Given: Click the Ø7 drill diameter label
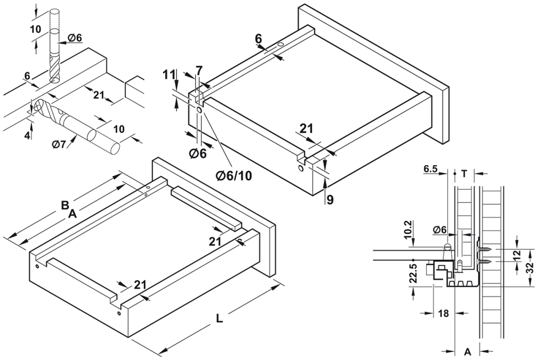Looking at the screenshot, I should tap(60, 144).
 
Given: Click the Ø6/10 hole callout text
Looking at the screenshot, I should tap(235, 175).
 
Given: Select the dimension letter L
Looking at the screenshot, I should tap(219, 318).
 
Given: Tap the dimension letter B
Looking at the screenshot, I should tap(64, 205).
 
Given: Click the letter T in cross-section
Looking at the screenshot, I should tap(464, 174).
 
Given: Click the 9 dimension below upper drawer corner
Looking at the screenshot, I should tap(329, 200).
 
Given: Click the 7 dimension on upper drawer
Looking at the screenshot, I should tap(199, 70).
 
